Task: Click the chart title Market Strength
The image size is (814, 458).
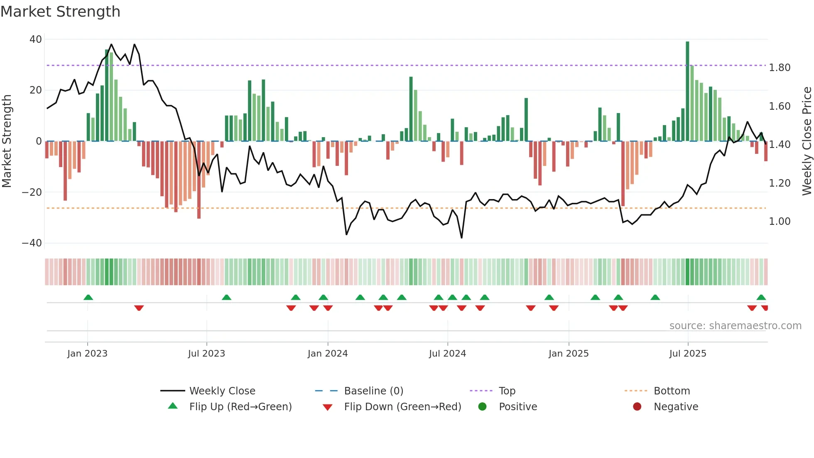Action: [60, 12]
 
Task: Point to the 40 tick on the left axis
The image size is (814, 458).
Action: [36, 39]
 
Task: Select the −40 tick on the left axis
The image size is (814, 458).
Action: [32, 243]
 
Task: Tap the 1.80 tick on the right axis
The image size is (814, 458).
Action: [780, 68]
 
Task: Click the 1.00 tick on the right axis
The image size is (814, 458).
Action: [780, 222]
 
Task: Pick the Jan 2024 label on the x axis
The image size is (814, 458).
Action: [327, 354]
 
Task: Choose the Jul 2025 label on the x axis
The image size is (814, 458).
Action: [687, 354]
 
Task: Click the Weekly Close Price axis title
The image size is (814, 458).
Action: [807, 141]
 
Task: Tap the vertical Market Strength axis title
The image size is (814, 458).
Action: [7, 141]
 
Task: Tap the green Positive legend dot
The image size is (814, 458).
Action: [482, 406]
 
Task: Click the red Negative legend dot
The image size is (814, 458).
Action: [637, 406]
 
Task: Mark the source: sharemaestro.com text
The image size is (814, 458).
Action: [735, 326]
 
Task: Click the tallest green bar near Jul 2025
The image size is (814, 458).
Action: [687, 91]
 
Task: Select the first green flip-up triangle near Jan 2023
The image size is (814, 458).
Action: [88, 297]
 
